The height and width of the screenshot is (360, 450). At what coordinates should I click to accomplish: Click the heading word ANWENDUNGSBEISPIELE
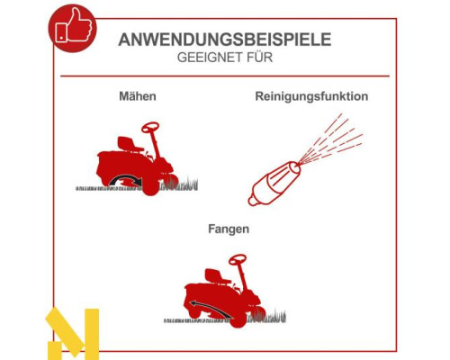(225, 40)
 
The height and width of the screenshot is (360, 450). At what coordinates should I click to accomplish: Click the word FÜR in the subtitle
(260, 58)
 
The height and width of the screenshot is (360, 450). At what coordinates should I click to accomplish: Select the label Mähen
(138, 96)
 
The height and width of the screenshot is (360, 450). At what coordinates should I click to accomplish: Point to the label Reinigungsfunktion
(311, 96)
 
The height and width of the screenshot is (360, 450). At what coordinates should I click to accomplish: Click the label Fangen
(229, 229)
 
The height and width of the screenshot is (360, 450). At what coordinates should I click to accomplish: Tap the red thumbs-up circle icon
(73, 28)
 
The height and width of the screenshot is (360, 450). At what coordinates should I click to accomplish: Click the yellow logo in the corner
(73, 333)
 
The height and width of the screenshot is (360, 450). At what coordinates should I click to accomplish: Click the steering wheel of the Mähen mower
(150, 127)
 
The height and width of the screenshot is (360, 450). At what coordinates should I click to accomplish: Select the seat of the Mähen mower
(130, 144)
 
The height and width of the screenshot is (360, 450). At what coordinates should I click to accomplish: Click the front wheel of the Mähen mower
(150, 186)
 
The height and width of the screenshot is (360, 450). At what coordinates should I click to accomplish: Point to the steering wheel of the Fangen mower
(238, 260)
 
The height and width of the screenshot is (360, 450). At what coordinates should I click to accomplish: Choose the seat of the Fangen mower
(217, 277)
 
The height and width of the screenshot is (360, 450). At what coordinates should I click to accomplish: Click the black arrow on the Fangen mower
(211, 309)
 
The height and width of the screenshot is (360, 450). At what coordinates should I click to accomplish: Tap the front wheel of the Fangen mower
(238, 319)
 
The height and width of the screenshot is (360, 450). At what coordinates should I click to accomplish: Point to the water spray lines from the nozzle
(331, 139)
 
